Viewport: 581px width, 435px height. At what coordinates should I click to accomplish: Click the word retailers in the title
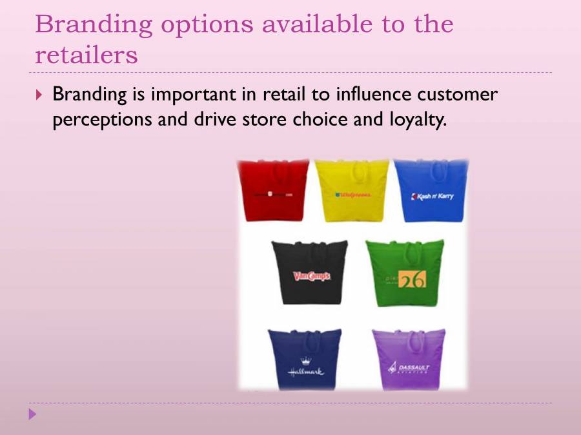coord(86,55)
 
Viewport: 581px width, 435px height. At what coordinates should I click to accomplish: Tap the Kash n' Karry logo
coord(432,196)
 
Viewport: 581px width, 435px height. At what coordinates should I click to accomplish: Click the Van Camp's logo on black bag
coord(311,276)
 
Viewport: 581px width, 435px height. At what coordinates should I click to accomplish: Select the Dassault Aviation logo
coord(409,369)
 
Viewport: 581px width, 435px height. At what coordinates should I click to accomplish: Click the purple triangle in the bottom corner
coord(32,414)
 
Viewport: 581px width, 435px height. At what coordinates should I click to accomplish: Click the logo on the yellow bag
coord(352,195)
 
